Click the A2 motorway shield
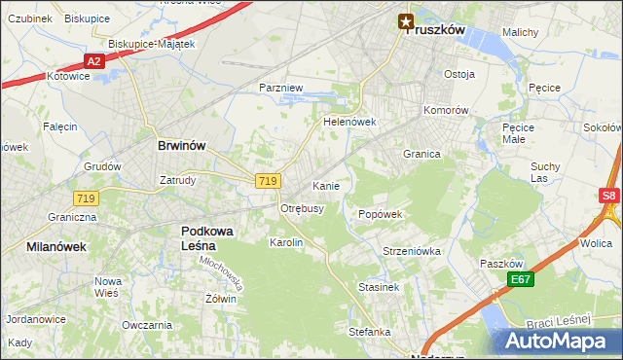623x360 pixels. click(x=93, y=60)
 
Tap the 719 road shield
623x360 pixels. click(x=270, y=181)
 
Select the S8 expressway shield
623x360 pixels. click(x=609, y=195)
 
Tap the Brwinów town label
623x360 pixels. click(x=182, y=145)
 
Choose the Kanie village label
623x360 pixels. click(x=325, y=185)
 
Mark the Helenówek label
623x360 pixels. click(x=349, y=123)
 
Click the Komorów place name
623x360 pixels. click(x=447, y=110)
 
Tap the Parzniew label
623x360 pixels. click(x=281, y=88)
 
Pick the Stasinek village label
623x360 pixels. click(x=379, y=288)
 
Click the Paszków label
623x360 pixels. click(x=502, y=264)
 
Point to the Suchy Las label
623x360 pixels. click(x=545, y=172)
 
